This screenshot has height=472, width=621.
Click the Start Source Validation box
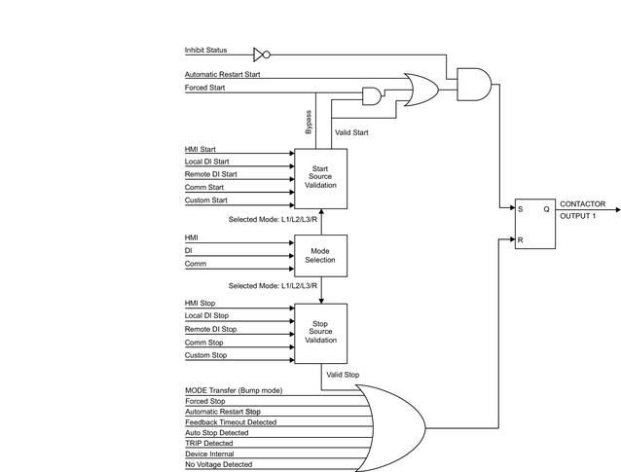click(320, 178)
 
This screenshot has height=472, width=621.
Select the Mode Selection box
click(320, 255)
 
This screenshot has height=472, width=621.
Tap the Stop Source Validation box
click(320, 332)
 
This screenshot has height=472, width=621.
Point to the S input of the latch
click(521, 208)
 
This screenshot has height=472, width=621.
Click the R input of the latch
click(521, 238)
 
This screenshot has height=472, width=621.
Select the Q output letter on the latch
click(546, 208)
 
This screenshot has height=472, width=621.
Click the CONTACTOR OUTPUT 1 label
click(582, 209)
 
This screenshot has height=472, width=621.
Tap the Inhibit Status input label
click(205, 50)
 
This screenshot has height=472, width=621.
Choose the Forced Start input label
click(204, 88)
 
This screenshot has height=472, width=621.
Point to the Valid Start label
click(351, 131)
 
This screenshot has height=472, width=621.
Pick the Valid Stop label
click(343, 374)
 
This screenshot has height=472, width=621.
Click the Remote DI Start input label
click(210, 174)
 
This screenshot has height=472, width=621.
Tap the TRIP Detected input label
click(209, 443)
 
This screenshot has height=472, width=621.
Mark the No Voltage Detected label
click(218, 465)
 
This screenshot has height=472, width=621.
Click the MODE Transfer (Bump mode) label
click(234, 389)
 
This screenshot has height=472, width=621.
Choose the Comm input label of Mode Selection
click(195, 264)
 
